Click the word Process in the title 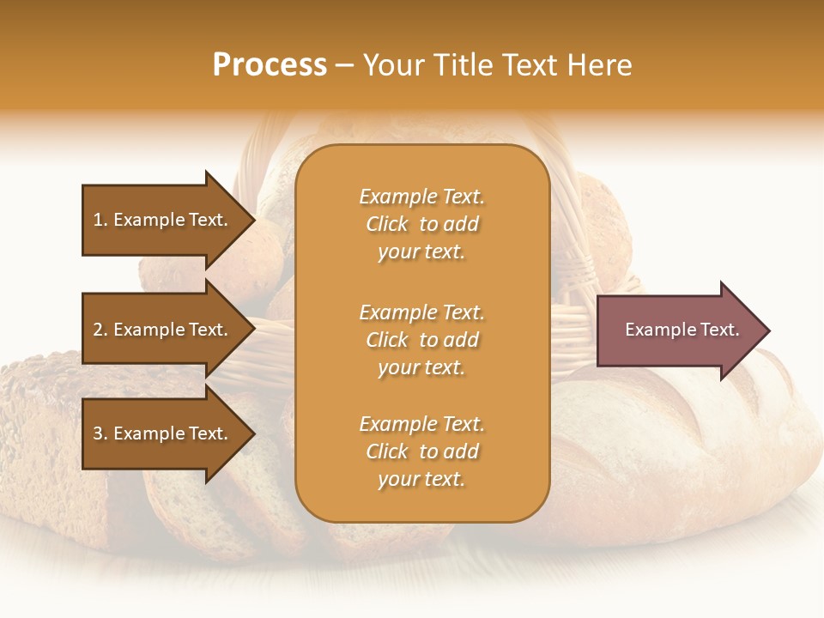270,65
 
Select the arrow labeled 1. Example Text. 163,220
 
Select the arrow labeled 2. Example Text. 163,330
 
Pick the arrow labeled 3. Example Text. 163,433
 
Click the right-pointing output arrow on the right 678,330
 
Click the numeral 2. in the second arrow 100,330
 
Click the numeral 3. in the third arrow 100,433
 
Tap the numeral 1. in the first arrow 100,220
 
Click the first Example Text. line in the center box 421,197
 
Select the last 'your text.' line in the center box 421,479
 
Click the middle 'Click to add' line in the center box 421,340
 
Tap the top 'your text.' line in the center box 421,251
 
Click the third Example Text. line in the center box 421,424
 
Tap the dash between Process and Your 345,66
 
